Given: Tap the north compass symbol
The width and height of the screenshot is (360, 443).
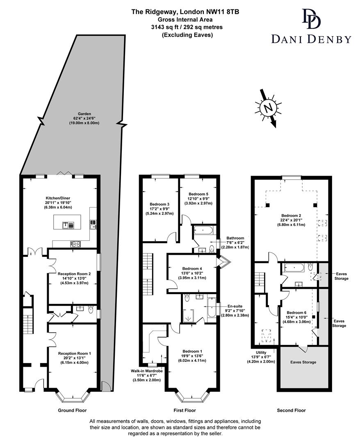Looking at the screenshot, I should (269, 108).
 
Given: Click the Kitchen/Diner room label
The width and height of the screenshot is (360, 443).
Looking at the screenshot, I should (57, 202).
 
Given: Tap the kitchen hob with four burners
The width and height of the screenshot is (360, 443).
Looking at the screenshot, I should (76, 244).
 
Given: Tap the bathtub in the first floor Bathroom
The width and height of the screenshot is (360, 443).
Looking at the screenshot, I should (203, 230).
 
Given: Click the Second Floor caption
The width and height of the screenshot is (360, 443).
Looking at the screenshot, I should (291, 410).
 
